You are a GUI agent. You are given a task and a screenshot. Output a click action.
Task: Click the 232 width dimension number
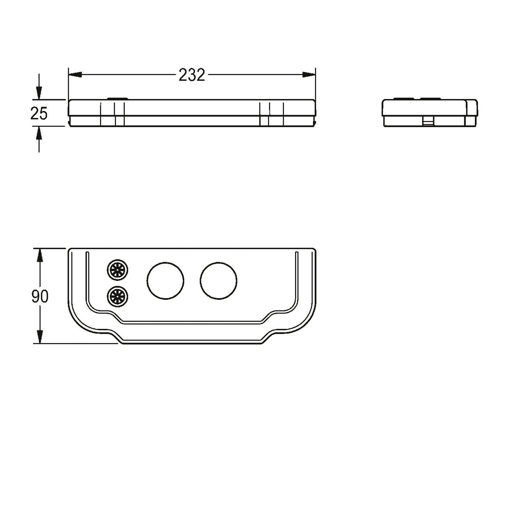click(192, 75)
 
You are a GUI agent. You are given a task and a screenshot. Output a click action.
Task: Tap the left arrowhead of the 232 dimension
click(75, 75)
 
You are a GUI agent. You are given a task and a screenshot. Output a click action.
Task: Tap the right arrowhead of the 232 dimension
click(309, 75)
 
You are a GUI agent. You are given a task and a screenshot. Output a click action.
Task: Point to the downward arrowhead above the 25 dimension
click(39, 93)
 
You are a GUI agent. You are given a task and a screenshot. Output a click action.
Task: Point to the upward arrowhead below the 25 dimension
click(39, 133)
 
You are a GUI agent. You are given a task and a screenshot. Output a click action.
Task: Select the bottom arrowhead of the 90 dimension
click(39, 337)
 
